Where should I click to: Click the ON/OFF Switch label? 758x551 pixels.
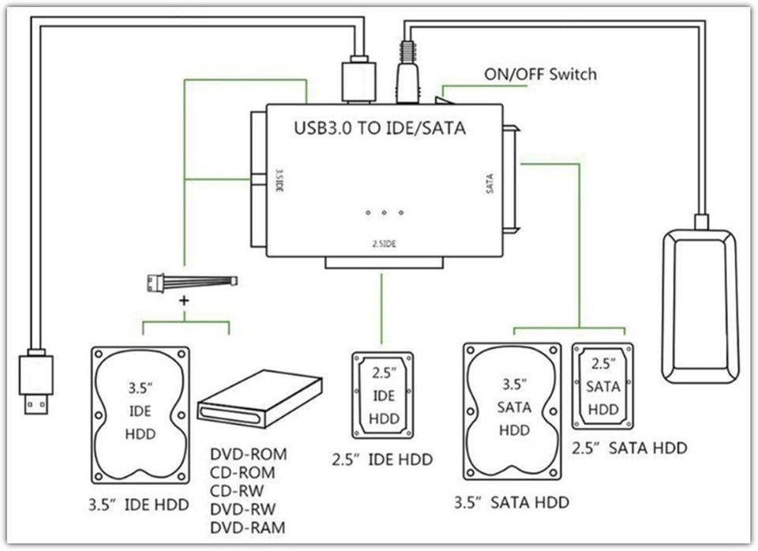click(540, 75)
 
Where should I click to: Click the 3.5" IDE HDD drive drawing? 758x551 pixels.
click(141, 414)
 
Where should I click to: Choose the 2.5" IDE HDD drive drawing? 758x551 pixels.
click(382, 395)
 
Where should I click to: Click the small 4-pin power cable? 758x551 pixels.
click(192, 282)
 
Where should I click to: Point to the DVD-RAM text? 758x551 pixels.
click(248, 527)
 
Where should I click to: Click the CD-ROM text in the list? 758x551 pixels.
click(242, 473)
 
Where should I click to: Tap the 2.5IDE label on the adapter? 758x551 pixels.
click(384, 244)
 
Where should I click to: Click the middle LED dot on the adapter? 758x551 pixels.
click(384, 213)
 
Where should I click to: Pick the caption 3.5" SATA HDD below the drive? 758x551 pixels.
click(512, 502)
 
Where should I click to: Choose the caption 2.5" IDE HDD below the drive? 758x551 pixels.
click(382, 459)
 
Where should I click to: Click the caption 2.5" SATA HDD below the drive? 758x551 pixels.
click(629, 448)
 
